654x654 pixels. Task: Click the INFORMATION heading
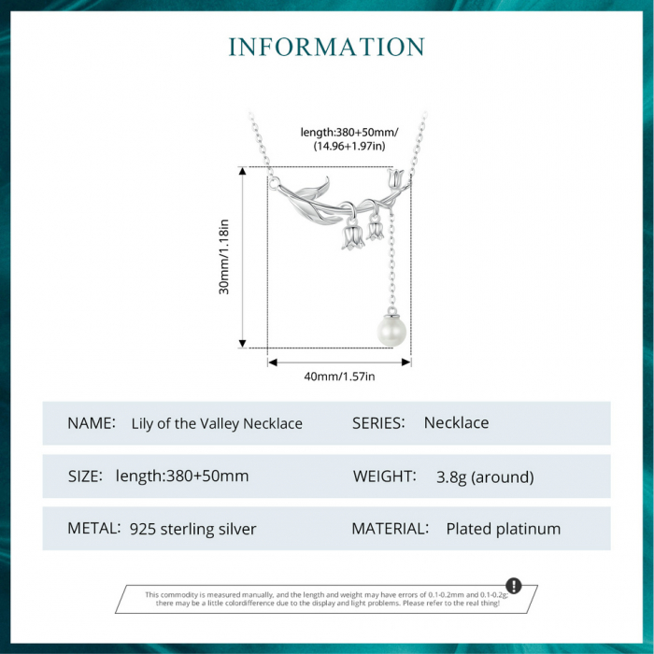327,47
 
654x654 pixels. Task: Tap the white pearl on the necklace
391,331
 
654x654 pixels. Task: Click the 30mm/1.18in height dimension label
224,257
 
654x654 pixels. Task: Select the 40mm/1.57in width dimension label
339,377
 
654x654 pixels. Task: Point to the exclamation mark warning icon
514,585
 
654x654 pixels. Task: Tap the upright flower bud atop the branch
394,178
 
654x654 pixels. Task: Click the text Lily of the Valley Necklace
217,423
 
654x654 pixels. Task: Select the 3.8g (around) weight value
485,476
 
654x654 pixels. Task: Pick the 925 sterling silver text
192,529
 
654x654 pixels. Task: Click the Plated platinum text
504,529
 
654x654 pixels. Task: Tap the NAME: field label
92,423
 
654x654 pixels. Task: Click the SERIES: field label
378,423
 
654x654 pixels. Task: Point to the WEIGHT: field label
385,476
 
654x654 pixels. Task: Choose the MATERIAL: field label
391,529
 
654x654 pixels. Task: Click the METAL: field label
93,529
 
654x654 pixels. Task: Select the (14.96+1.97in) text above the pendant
349,146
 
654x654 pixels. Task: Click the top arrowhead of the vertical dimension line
242,171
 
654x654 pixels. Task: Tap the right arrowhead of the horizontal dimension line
406,363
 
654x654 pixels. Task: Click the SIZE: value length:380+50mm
182,476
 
